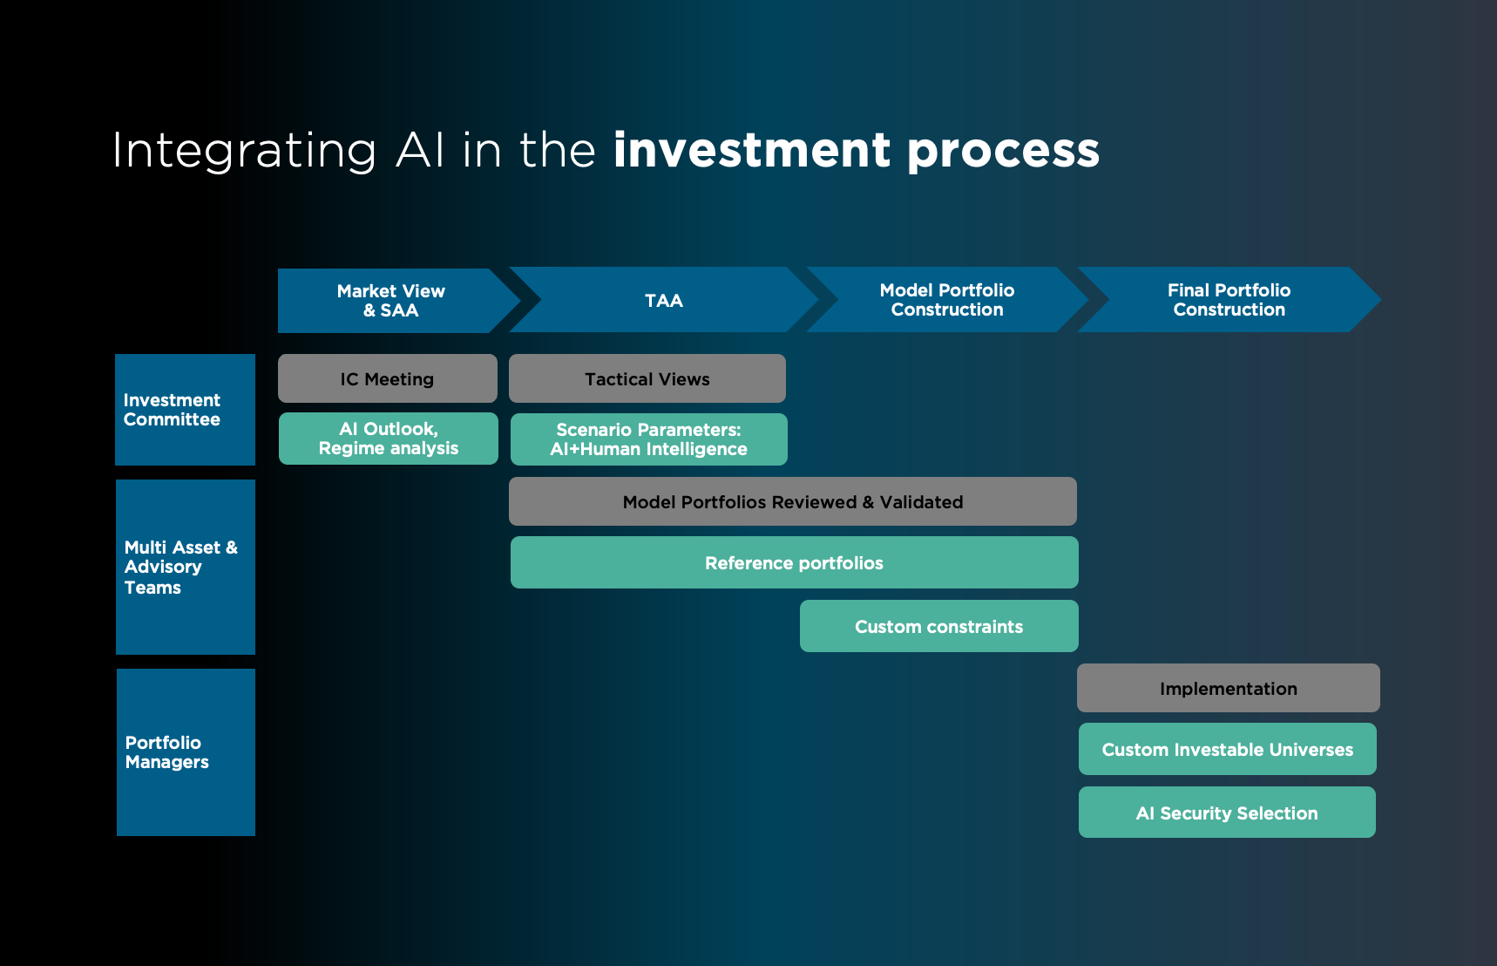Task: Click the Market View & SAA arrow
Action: coord(391,301)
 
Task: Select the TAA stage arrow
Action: coord(663,301)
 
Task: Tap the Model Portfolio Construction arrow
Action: coord(946,300)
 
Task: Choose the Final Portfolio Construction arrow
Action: coord(1229,300)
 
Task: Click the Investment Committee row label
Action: coord(185,410)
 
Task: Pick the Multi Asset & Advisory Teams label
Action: coord(185,567)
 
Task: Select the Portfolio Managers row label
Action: coord(186,752)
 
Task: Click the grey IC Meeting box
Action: coord(387,378)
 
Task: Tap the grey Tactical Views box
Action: coord(647,378)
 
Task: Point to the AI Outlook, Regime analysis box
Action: coord(388,439)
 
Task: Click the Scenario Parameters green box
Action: coord(648,439)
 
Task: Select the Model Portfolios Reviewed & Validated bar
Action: coord(792,501)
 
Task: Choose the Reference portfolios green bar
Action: coord(794,562)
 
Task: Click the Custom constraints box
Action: coord(938,626)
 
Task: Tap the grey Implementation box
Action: coord(1228,688)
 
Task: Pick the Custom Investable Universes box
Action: coord(1227,749)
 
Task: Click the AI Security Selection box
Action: coord(1226,813)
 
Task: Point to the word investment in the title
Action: coord(751,150)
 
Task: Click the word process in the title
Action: coord(1003,152)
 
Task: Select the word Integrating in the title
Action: coord(244,152)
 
